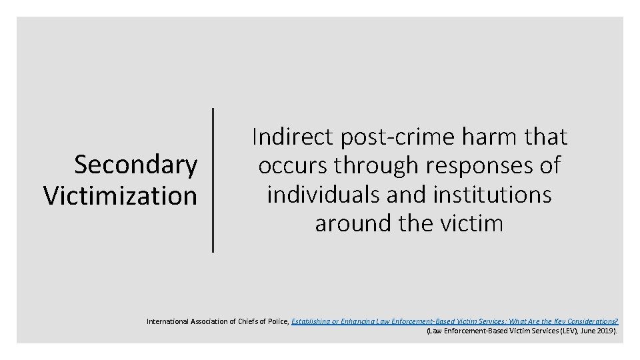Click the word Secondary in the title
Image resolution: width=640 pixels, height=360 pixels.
pos(136,165)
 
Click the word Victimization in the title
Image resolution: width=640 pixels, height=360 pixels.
pos(121,195)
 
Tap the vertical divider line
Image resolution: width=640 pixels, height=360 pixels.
pos(213,180)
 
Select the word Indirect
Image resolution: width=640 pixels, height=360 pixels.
pos(293,137)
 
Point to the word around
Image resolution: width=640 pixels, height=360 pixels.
pos(353,223)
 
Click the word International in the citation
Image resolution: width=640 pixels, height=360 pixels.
pos(168,321)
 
